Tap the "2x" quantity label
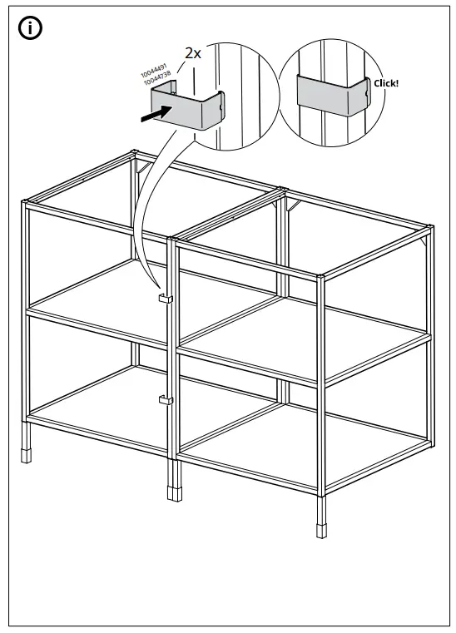click(x=193, y=53)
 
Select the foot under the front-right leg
click(x=320, y=529)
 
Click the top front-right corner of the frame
click(x=322, y=275)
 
